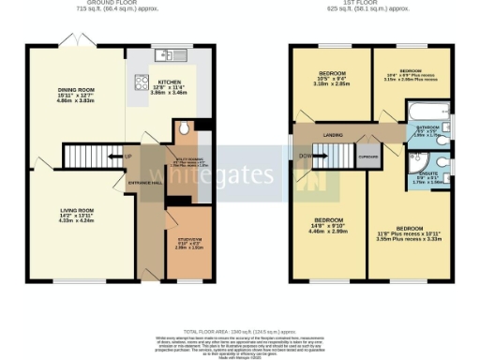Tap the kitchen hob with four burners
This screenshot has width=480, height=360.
pyautogui.click(x=142, y=81)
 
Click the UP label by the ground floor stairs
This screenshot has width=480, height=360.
pyautogui.click(x=127, y=156)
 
